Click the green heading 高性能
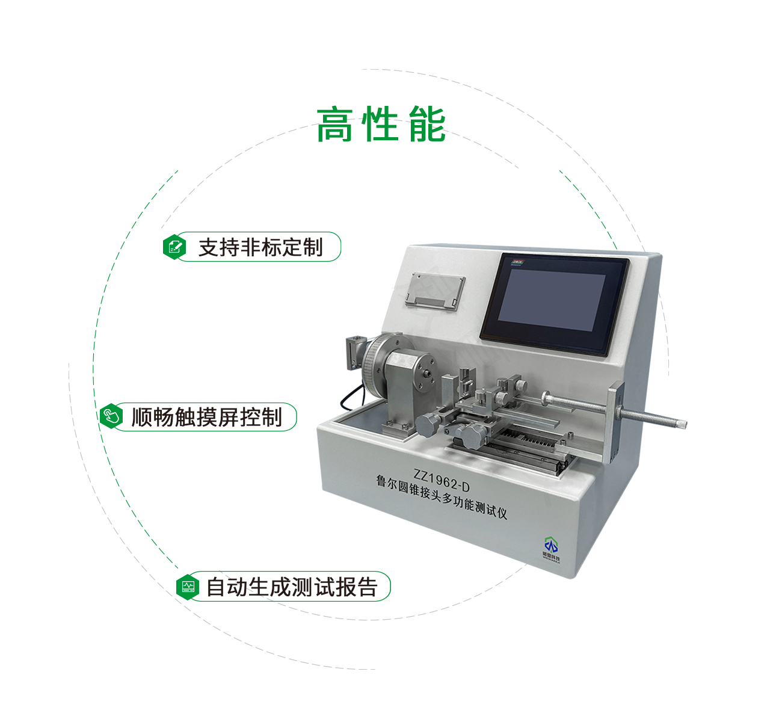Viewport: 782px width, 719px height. pyautogui.click(x=381, y=125)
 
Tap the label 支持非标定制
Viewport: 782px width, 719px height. pyautogui.click(x=260, y=247)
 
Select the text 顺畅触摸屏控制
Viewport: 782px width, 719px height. pyautogui.click(x=207, y=417)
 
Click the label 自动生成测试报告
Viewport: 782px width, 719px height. pyautogui.click(x=292, y=587)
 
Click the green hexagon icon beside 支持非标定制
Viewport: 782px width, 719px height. pyautogui.click(x=175, y=247)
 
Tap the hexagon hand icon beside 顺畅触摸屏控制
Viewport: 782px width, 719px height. pyautogui.click(x=111, y=416)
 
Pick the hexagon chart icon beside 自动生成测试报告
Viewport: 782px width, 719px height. pyautogui.click(x=188, y=587)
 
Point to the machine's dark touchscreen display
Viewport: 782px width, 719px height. pyautogui.click(x=553, y=304)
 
